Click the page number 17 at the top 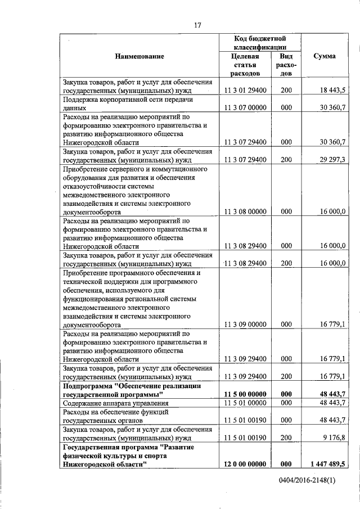coord(181,25)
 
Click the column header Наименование coord(139,56)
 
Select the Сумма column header coord(325,56)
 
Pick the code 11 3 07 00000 coord(245,107)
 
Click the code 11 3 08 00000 coord(245,211)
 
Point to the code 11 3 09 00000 coord(245,324)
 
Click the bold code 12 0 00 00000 coord(245,463)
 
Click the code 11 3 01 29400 coord(245,90)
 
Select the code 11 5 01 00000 coord(245,403)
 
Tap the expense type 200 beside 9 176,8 coord(286,436)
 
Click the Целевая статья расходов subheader coord(245,65)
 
